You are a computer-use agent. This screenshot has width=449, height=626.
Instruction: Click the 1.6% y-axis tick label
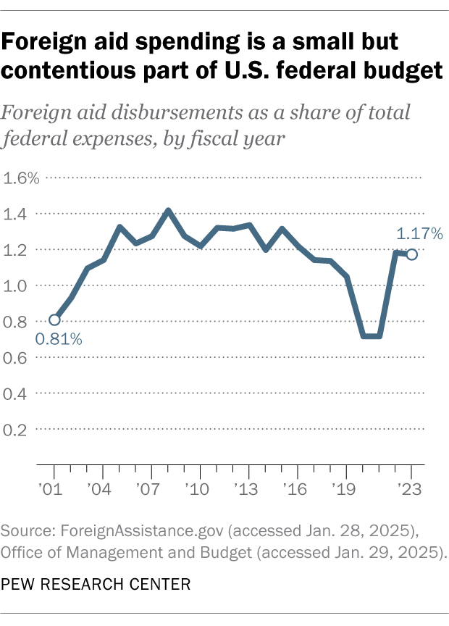point(22,178)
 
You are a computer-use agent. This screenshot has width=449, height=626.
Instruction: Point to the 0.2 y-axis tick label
point(18,430)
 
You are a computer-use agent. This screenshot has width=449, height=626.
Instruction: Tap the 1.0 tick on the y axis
point(18,286)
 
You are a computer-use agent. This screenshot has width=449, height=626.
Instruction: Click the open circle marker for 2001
point(54,320)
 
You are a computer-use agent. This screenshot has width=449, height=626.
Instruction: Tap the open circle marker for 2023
point(412,254)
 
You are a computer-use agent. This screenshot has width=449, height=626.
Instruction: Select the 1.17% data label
point(419,233)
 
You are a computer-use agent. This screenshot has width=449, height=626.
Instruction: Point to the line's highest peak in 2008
point(168,211)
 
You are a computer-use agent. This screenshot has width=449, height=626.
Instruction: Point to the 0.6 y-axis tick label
point(18,358)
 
